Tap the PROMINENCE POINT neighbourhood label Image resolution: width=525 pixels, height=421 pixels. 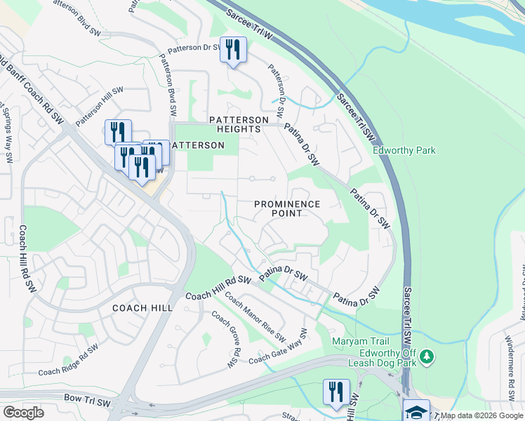286,208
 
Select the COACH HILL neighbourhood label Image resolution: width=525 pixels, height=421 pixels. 142,308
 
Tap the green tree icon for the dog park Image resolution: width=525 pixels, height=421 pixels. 426,359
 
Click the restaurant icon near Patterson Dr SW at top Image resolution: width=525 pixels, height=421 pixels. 233,50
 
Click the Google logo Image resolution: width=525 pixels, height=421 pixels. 24,413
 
